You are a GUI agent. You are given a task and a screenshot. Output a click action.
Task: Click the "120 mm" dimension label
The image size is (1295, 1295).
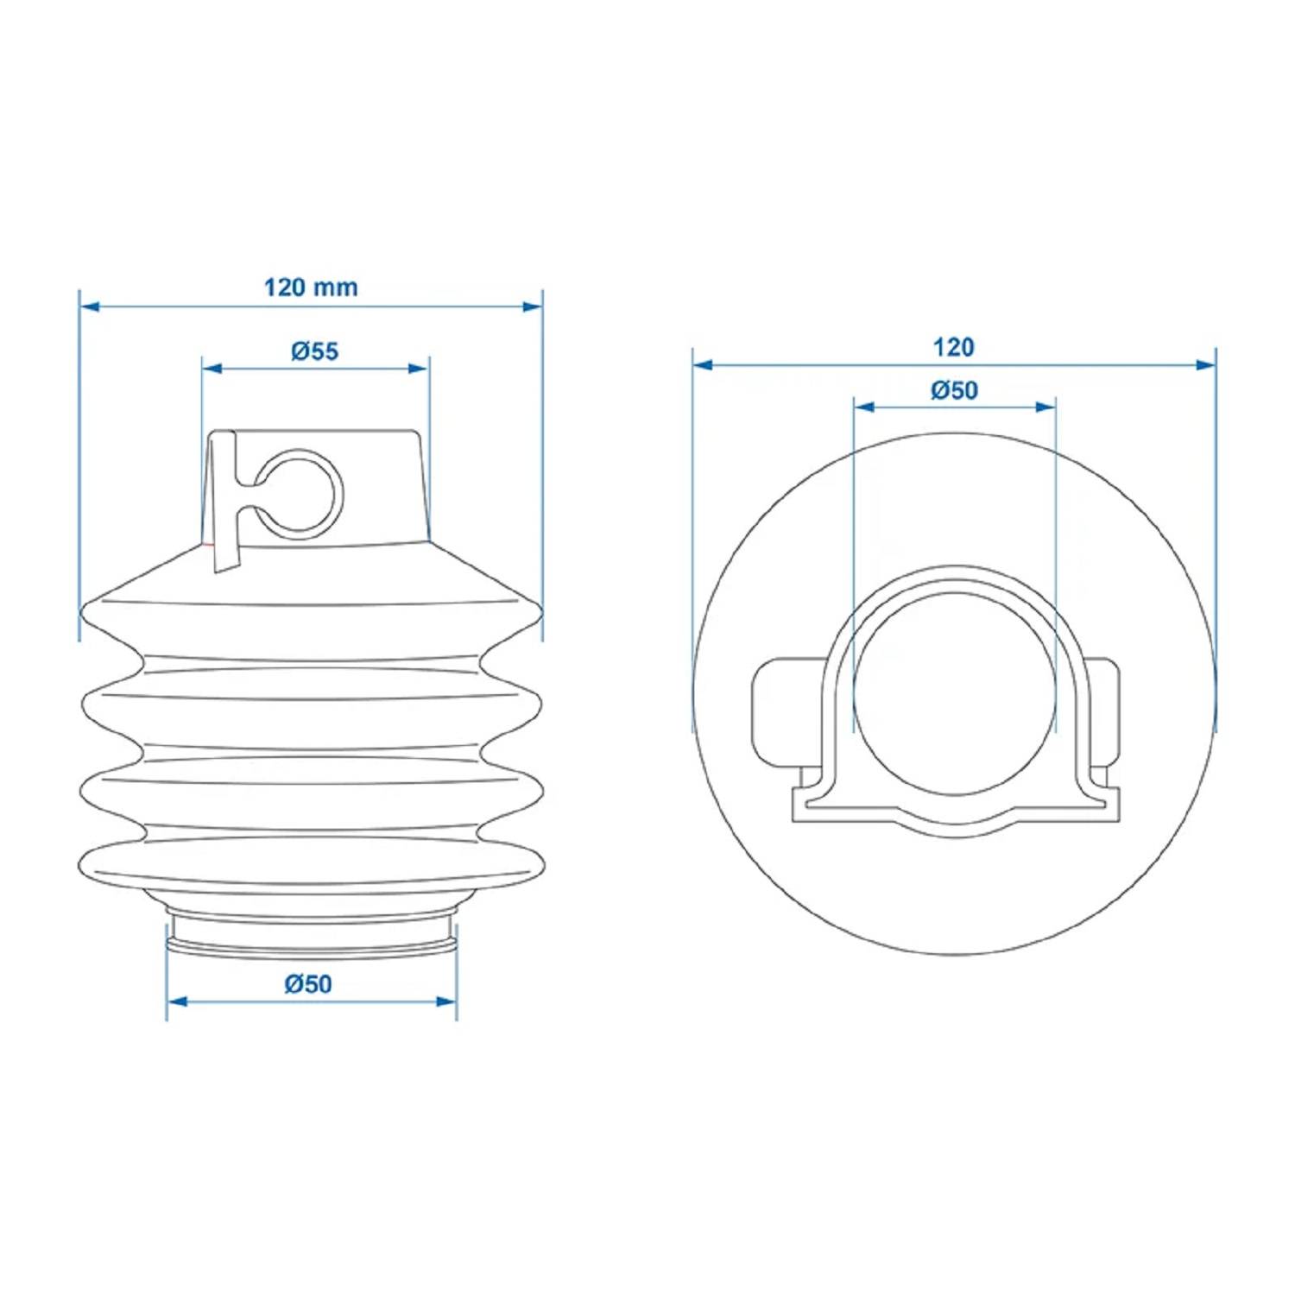pos(311,287)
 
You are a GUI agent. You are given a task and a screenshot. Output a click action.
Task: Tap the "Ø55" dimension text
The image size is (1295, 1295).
pos(315,351)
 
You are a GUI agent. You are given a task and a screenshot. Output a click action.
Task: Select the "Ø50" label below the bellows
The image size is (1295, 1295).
pos(308,983)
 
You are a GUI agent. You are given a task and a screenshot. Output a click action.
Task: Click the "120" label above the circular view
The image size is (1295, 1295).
pos(953,347)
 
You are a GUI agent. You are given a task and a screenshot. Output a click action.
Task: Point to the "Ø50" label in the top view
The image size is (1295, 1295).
pos(954,390)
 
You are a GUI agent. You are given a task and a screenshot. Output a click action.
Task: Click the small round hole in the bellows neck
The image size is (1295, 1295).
pos(299,493)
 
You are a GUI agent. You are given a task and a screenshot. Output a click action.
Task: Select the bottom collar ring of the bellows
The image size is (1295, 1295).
pos(312,938)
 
